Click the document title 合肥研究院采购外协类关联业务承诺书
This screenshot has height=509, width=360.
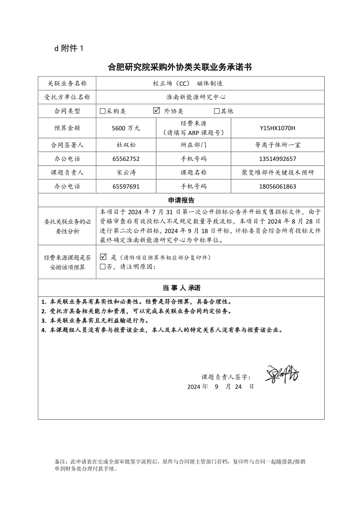(180, 68)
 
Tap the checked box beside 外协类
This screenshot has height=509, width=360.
(157, 111)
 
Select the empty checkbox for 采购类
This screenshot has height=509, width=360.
(102, 111)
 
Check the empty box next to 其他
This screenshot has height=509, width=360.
(217, 111)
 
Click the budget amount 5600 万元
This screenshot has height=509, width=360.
(126, 128)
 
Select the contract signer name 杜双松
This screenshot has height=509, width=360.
(126, 145)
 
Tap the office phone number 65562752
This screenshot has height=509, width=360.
(126, 159)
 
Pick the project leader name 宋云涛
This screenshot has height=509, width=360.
(126, 173)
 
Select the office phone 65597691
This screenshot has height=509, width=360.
(126, 186)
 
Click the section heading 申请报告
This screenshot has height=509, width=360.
(181, 200)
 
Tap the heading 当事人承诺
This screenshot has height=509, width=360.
(181, 288)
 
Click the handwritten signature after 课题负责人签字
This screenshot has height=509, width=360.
(282, 374)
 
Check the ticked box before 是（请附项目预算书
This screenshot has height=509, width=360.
(103, 257)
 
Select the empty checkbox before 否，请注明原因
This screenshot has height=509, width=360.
(102, 267)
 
